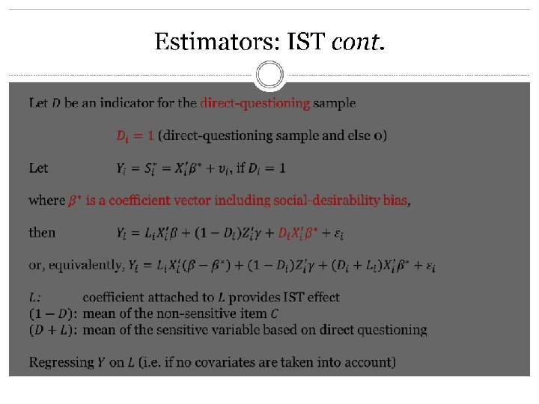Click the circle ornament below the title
269,75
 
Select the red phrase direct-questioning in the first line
255,103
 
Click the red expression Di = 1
135,135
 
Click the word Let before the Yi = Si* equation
38,168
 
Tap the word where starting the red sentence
46,201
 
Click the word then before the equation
42,233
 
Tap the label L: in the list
34,297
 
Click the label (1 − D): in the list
52,313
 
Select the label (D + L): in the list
52,329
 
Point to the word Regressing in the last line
60,362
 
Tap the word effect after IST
321,297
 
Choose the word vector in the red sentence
190,201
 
